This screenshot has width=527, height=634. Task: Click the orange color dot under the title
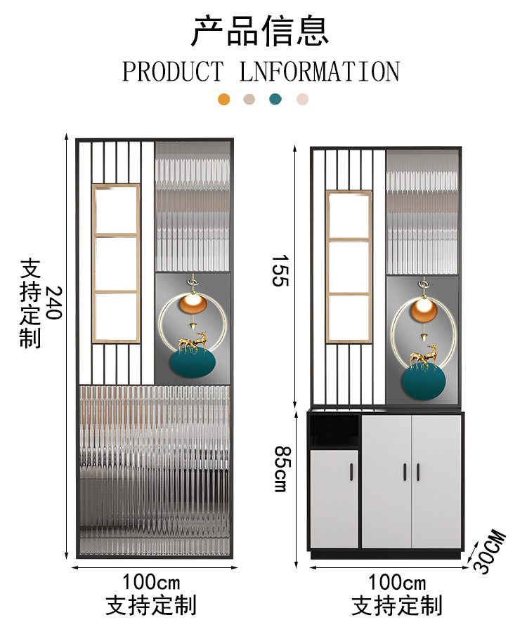(224, 99)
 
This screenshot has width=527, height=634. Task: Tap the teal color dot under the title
(275, 99)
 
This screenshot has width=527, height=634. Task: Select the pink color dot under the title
(302, 99)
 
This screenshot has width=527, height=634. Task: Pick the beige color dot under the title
(249, 99)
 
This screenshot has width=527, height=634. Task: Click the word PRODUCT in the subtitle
(173, 72)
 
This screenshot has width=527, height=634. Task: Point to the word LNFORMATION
(320, 72)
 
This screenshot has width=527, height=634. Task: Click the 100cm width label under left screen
(151, 582)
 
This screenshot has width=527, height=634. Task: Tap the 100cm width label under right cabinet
(397, 582)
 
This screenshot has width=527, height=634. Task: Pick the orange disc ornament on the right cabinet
(423, 308)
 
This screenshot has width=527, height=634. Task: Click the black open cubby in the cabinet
(334, 430)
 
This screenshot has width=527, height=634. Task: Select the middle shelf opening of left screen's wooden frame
(117, 262)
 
